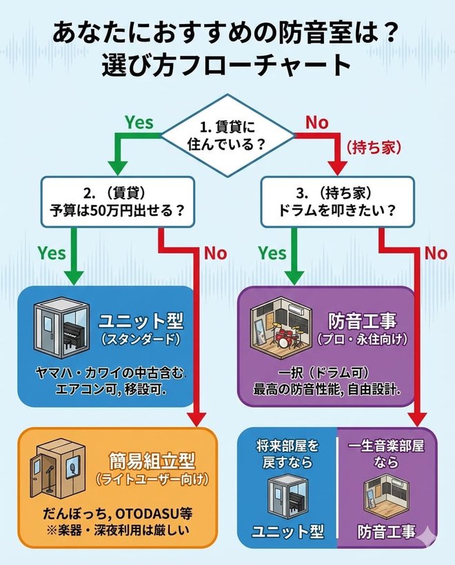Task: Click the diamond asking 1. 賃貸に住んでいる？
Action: tap(227, 136)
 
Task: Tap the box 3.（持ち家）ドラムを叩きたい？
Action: tap(338, 201)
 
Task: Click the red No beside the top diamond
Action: tap(316, 122)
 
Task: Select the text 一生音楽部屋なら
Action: tap(387, 453)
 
